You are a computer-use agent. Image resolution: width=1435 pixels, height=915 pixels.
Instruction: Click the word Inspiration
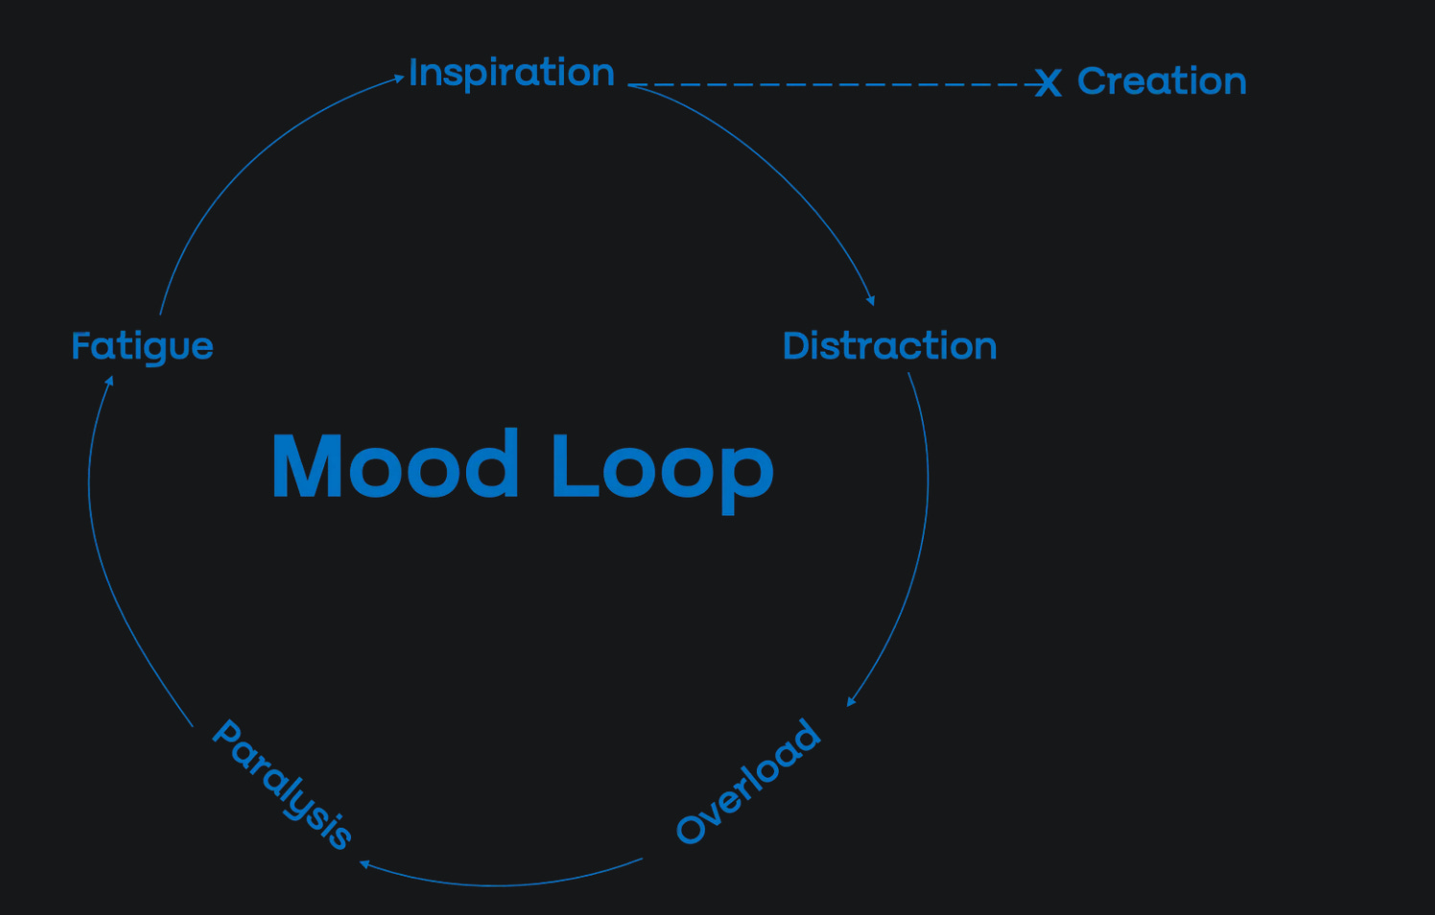pos(511,73)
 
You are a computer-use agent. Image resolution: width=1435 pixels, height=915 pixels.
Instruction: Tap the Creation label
pos(1162,82)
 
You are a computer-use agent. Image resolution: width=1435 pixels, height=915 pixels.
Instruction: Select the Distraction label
pos(889,346)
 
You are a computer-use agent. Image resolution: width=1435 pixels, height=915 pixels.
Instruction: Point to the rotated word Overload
pos(748,782)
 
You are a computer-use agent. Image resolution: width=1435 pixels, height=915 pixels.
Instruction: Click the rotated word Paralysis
pos(282,785)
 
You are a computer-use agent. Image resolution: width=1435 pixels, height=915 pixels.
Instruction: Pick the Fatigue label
pos(142,346)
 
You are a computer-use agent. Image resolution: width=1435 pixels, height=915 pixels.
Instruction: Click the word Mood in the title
pos(395,466)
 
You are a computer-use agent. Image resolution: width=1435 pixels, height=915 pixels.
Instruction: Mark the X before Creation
pos(1047,83)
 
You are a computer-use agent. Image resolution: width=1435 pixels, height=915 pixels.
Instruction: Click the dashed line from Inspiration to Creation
pos(835,84)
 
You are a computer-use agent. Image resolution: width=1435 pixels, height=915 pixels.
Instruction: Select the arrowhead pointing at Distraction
pos(871,301)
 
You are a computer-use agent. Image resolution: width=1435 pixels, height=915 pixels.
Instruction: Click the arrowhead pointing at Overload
pos(850,702)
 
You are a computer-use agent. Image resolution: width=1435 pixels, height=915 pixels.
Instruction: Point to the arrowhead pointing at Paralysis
pos(365,864)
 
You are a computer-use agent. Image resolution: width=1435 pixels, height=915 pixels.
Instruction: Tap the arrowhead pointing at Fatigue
pos(109,380)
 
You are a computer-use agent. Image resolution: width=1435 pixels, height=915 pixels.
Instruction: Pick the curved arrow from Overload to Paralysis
pos(499,885)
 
